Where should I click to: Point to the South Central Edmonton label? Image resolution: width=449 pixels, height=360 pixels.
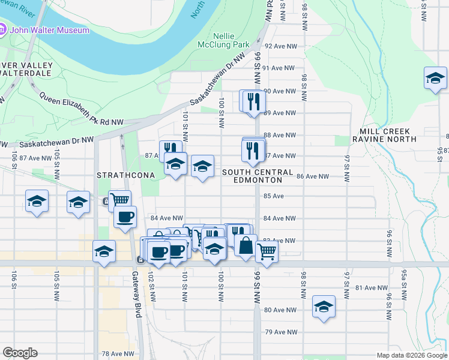(252, 176)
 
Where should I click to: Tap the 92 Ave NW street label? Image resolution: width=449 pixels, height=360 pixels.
(281, 46)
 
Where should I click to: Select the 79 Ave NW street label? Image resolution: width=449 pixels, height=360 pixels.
(281, 332)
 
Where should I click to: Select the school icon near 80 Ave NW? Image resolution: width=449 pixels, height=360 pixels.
(324, 307)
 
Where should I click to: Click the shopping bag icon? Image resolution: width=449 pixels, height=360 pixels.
(245, 245)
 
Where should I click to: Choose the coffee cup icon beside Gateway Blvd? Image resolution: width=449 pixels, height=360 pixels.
(125, 217)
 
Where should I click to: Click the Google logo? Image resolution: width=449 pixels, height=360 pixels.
(20, 353)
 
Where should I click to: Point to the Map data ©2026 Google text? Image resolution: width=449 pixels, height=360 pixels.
(411, 355)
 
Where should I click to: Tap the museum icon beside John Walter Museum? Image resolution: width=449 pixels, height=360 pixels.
(3, 29)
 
